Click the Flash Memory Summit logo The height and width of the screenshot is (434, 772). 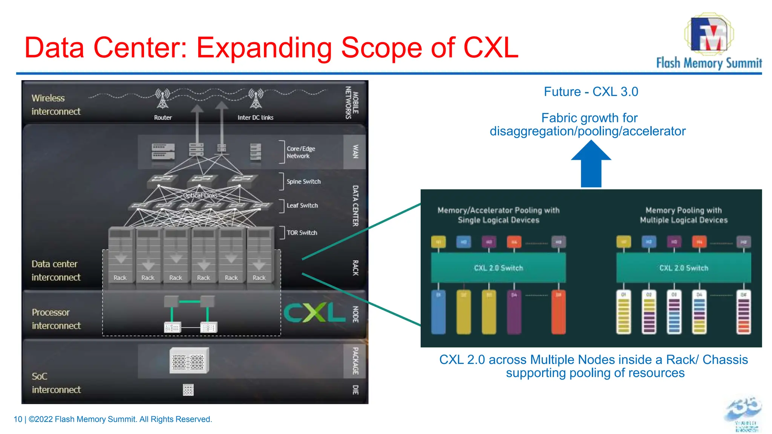709,41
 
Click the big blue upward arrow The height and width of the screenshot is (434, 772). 591,164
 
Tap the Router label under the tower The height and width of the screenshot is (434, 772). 163,118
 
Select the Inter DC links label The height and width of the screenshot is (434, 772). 255,118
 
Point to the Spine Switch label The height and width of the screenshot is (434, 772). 303,182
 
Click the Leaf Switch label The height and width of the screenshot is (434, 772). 302,205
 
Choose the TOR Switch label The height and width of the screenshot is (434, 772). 302,233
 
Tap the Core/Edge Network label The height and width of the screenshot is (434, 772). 300,152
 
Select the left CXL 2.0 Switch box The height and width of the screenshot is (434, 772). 498,268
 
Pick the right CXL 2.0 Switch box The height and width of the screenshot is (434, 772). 683,268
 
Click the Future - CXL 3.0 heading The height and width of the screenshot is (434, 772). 591,92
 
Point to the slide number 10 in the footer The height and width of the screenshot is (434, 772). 18,419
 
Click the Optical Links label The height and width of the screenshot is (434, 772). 200,196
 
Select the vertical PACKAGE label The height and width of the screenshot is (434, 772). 355,361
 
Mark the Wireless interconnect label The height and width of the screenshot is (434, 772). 56,105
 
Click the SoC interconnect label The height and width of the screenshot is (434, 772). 56,383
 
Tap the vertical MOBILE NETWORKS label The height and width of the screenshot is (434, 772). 352,102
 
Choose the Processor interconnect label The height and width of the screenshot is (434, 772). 56,319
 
